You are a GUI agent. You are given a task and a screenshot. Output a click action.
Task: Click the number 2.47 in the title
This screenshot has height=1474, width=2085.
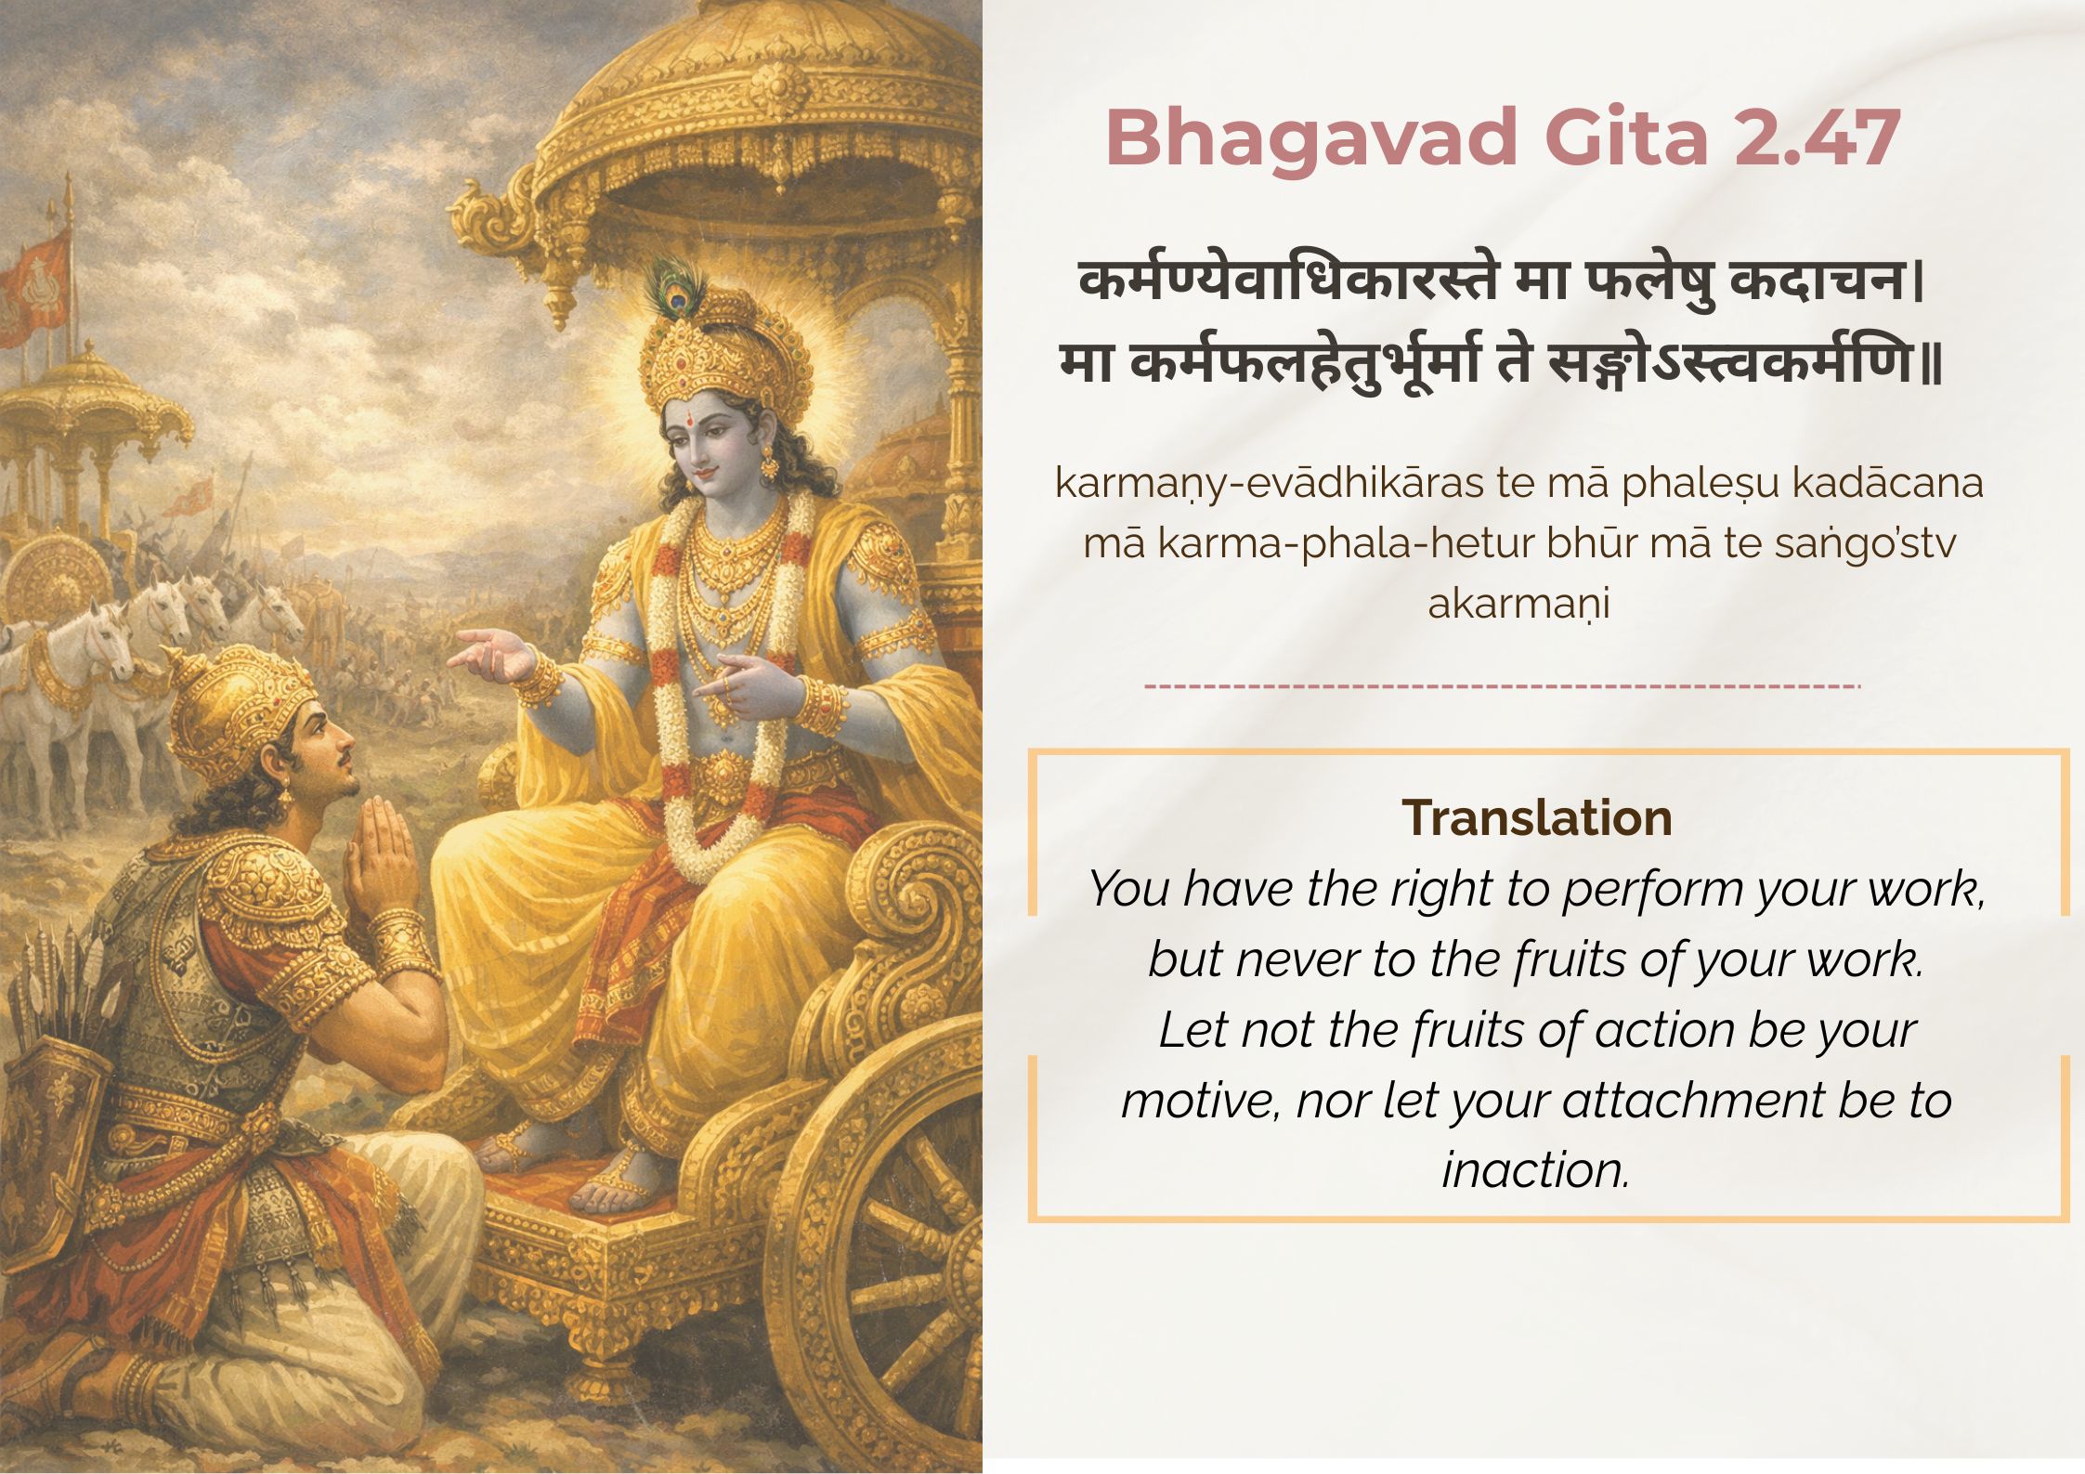click(1816, 137)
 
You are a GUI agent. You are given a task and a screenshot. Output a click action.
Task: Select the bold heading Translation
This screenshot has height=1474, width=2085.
click(1537, 818)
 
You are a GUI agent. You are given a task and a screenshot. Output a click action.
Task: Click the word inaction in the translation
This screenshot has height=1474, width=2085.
click(1536, 1169)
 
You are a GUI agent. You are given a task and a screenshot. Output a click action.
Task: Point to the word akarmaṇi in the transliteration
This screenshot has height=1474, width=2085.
click(1518, 604)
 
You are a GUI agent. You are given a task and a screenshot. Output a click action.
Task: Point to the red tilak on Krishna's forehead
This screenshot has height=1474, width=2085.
click(693, 418)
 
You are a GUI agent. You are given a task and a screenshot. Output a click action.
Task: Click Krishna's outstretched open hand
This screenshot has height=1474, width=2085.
click(492, 653)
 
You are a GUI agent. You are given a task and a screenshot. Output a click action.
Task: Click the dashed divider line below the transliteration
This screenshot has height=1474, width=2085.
click(1502, 686)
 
